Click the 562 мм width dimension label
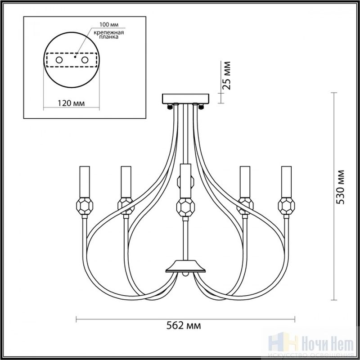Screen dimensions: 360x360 (184, 325)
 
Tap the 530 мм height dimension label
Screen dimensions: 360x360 (340, 187)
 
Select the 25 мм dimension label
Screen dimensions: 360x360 (226, 76)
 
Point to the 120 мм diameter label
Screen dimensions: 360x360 (71, 103)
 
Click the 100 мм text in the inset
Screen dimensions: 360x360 (109, 25)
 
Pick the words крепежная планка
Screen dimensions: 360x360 (108, 35)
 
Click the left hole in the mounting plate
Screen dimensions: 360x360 (59, 60)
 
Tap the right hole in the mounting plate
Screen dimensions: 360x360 (85, 60)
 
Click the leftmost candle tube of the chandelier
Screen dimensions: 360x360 (85, 182)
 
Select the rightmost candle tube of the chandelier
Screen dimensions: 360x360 (286, 182)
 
